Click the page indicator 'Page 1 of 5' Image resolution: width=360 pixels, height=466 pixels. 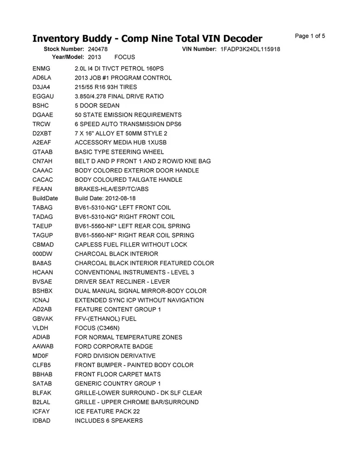click(x=310, y=36)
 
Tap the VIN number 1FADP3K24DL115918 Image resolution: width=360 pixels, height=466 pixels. click(x=251, y=49)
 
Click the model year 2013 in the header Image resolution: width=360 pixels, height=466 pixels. click(x=95, y=57)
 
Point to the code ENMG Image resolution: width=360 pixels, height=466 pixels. click(x=41, y=69)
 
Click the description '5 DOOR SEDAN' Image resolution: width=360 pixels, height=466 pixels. click(x=97, y=105)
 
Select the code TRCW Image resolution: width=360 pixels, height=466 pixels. click(x=41, y=124)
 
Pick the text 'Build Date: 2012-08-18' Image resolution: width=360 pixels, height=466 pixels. click(x=105, y=198)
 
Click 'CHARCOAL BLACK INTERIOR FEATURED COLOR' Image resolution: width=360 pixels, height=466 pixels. click(x=144, y=263)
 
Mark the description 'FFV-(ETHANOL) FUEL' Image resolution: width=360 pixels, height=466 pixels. click(x=105, y=319)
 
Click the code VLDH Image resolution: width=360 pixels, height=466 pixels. click(x=41, y=328)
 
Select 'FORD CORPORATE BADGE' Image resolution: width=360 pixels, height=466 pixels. click(x=114, y=347)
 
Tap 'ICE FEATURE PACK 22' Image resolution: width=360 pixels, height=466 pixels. click(x=107, y=411)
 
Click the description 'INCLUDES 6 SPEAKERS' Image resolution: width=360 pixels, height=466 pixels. click(x=109, y=421)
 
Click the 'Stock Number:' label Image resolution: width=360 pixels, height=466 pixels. click(x=63, y=49)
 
